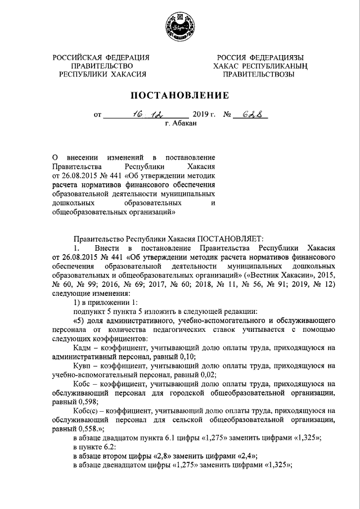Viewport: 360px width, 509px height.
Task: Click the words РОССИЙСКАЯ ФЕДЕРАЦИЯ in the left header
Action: coord(101,57)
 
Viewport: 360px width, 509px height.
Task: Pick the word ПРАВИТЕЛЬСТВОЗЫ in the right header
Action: coord(258,74)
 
